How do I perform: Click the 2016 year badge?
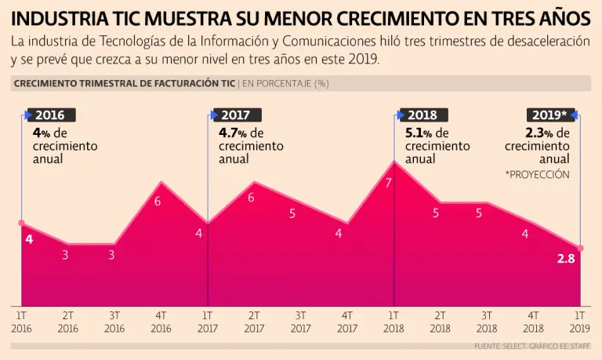[51, 115]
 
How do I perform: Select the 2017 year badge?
[237, 115]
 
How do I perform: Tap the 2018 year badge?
[423, 115]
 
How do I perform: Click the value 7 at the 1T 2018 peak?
[388, 183]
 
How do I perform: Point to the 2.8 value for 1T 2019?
[566, 259]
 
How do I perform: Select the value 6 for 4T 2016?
[158, 202]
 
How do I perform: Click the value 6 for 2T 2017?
[252, 198]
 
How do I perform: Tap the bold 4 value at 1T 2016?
[29, 238]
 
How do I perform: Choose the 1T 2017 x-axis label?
[207, 321]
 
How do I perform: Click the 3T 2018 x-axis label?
[487, 321]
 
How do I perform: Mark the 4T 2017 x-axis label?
[346, 321]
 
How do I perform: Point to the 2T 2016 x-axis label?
[68, 321]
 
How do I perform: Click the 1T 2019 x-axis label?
[580, 321]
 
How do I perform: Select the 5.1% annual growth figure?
[419, 133]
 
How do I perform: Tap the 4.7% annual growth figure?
[233, 133]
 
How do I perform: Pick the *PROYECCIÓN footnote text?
[538, 175]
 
